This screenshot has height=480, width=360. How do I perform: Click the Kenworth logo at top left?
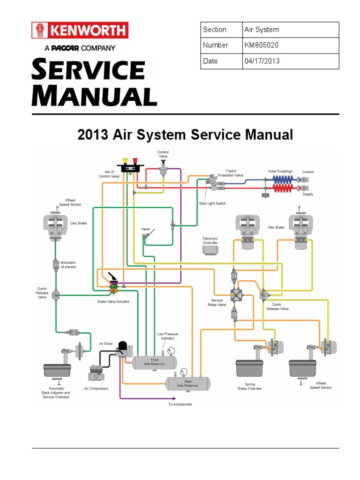[x=79, y=31]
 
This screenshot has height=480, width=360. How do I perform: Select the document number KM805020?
[x=262, y=45]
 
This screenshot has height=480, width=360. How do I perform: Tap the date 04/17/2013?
[x=262, y=61]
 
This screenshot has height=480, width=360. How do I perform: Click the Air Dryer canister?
[x=123, y=348]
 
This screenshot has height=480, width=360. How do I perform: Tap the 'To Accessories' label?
[x=180, y=404]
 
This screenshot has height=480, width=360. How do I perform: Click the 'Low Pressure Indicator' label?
[x=167, y=336]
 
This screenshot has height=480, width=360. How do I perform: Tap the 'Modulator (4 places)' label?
[x=68, y=265]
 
